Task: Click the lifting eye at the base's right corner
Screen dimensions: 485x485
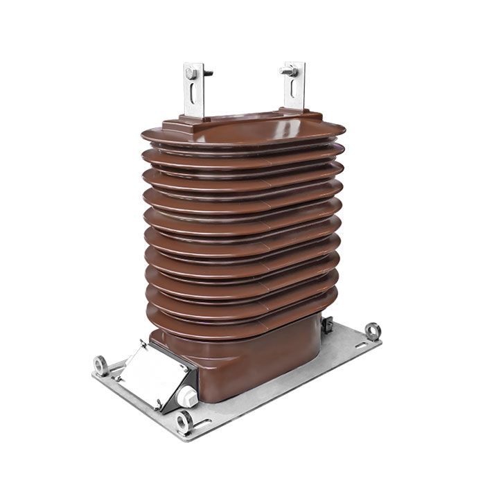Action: pyautogui.click(x=373, y=330)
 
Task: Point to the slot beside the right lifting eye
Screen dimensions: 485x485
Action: pyautogui.click(x=358, y=343)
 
